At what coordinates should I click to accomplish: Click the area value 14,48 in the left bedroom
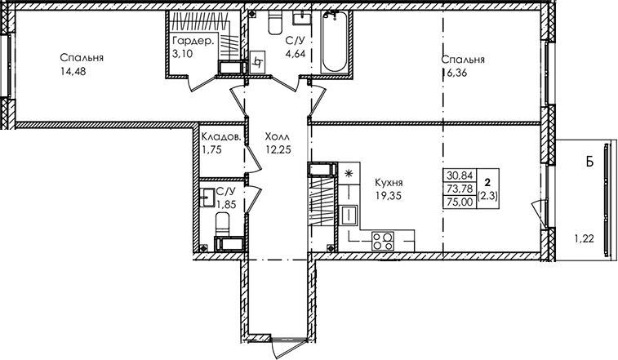point(73,72)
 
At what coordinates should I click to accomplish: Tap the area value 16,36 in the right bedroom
point(455,73)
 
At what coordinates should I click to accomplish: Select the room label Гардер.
point(194,42)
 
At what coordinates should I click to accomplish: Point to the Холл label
point(278,137)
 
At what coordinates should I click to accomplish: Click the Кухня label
point(389,183)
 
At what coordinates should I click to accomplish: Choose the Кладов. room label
point(220,137)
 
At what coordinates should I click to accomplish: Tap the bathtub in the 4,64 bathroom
point(333,42)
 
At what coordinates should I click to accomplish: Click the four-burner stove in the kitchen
point(383,241)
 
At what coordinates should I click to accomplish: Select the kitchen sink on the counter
point(349,216)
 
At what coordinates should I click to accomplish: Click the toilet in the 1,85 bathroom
point(223,223)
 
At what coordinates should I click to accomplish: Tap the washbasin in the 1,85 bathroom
point(207,197)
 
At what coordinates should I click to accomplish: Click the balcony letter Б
point(589,162)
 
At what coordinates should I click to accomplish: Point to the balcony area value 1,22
point(584,238)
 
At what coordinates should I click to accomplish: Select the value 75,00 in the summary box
point(460,202)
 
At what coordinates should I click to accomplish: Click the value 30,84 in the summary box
point(460,175)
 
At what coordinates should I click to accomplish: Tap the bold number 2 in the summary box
point(488,182)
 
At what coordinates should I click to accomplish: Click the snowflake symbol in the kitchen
point(349,173)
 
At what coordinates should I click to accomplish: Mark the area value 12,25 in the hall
point(278,150)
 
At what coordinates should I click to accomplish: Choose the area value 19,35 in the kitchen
point(389,196)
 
